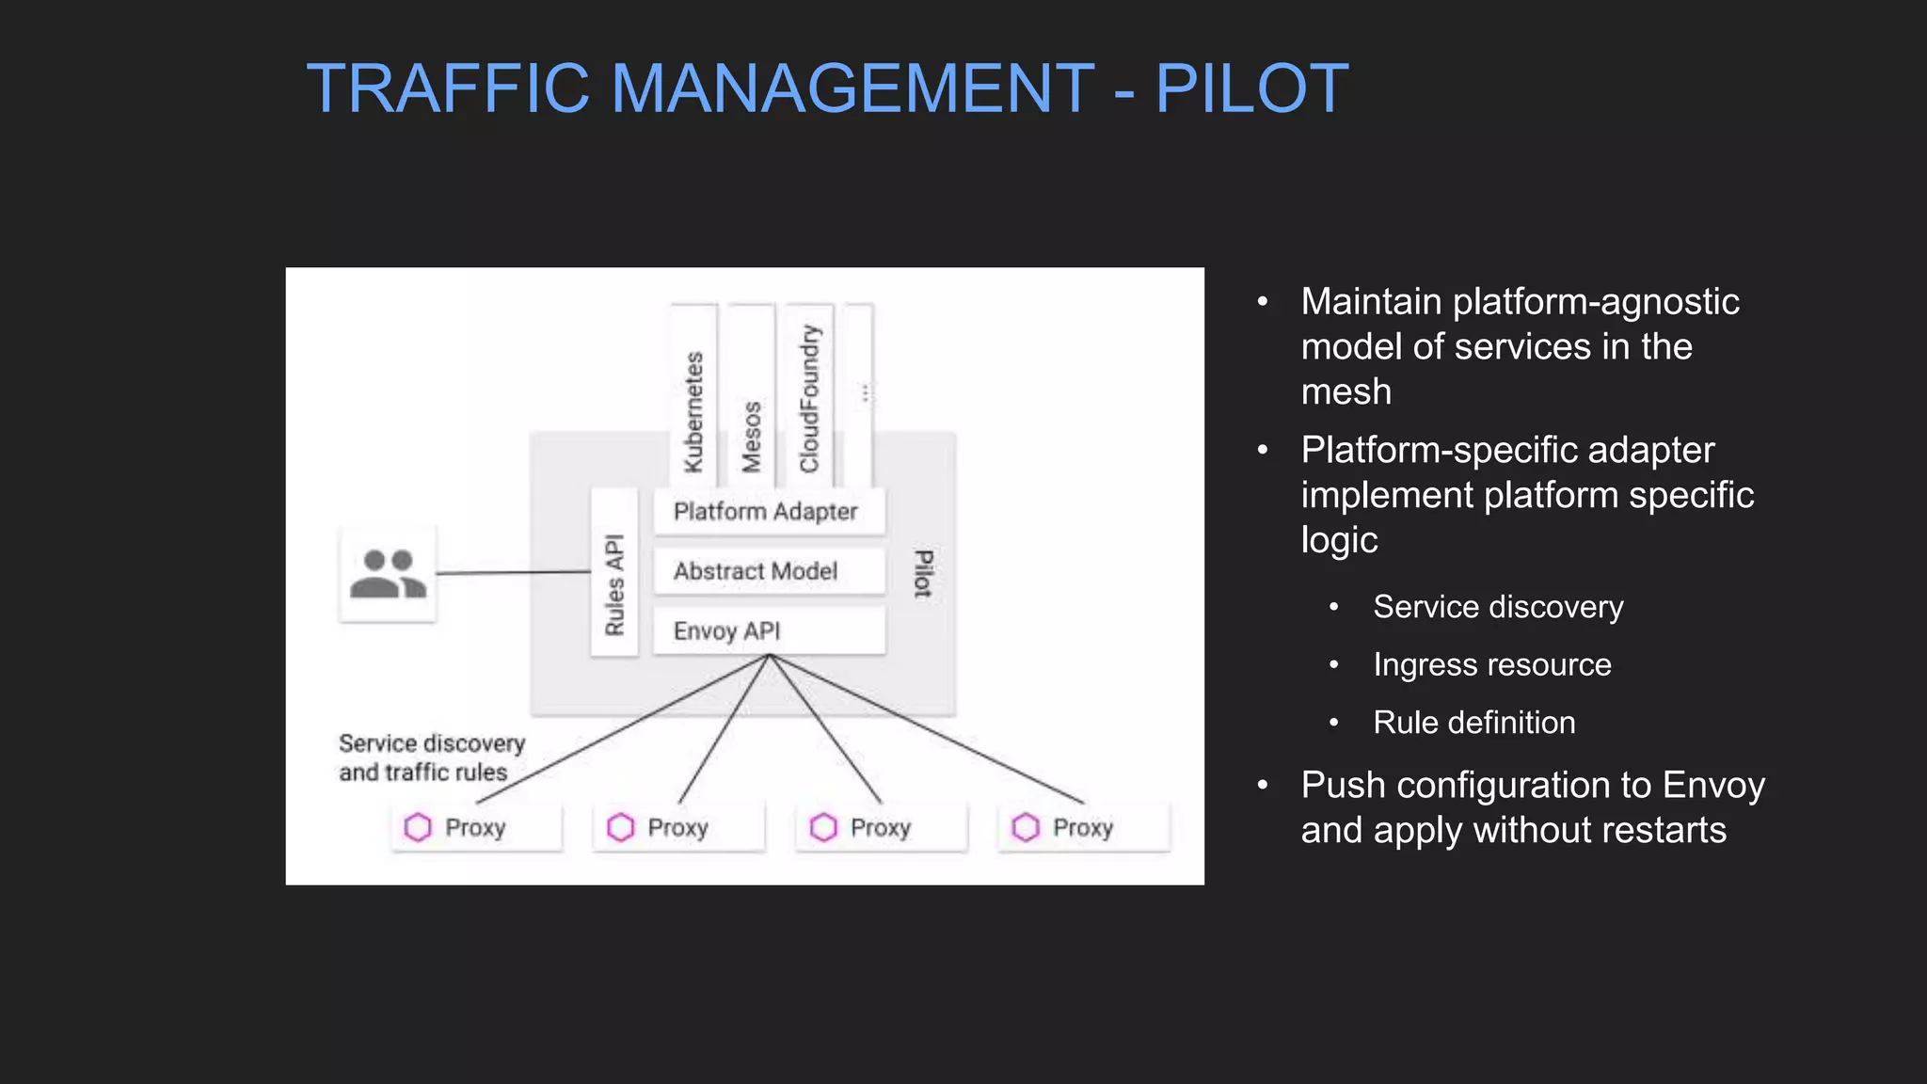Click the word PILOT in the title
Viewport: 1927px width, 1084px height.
coord(1251,88)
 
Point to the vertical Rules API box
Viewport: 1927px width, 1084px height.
coord(614,584)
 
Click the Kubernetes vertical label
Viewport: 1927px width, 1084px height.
coord(693,411)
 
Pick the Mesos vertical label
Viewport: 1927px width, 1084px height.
coord(751,436)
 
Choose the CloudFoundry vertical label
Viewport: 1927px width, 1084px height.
coord(809,398)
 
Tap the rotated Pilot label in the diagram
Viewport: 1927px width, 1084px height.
coord(924,574)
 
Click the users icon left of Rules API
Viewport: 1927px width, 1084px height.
coord(388,574)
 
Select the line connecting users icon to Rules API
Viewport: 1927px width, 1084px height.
coord(513,572)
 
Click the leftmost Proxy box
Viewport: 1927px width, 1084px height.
coord(476,827)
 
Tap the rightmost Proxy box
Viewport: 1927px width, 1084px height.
coord(1084,827)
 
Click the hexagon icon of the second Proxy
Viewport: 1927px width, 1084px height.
coord(620,827)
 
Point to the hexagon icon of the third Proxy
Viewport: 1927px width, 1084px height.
coord(823,827)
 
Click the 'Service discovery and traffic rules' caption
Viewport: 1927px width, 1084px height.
coord(431,757)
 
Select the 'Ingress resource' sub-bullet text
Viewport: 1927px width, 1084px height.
coord(1491,664)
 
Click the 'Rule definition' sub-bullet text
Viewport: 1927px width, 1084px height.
coord(1473,723)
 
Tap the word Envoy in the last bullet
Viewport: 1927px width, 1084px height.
coord(1713,785)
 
